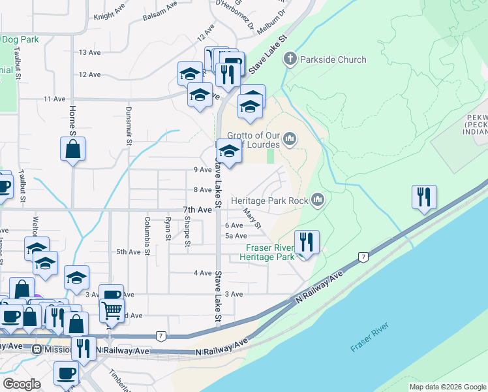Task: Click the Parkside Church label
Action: point(333,60)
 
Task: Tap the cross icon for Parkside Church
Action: point(290,60)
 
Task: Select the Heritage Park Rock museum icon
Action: point(318,199)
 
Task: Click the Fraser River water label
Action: point(370,337)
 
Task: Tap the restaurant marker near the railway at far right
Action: point(424,197)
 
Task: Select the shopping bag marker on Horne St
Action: point(73,148)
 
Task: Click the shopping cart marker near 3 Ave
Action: point(112,311)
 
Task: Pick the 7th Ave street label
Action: point(197,210)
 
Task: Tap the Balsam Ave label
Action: point(162,7)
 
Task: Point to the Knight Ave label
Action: point(110,14)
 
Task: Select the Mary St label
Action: point(252,218)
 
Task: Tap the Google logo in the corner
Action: point(22,384)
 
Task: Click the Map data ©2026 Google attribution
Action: point(448,387)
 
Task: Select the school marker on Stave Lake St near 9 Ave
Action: point(229,152)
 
